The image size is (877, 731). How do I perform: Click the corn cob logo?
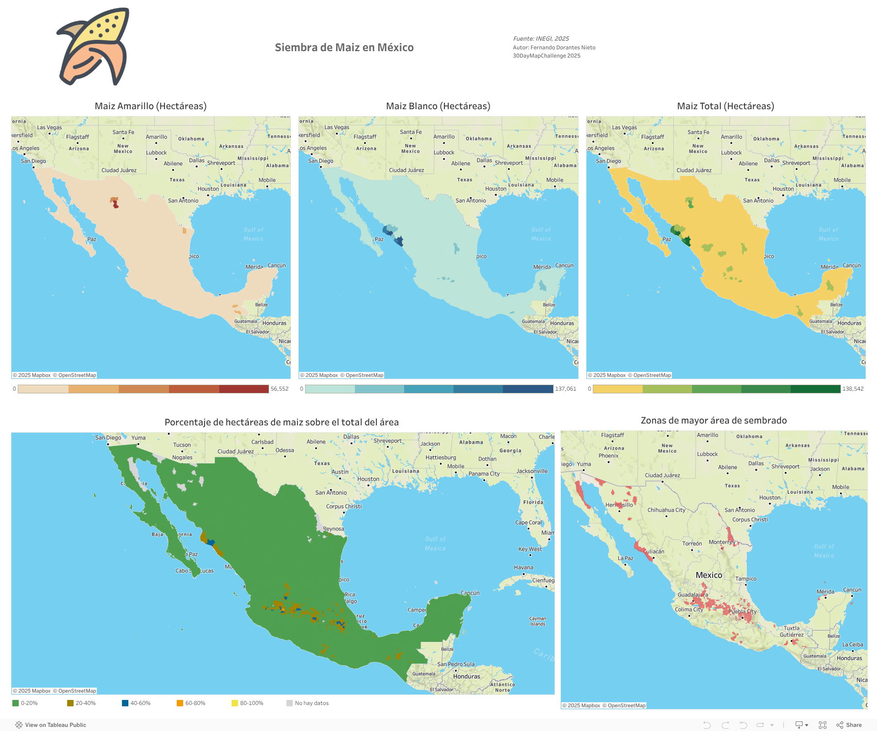[93, 47]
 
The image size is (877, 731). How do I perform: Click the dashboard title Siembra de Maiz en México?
[344, 48]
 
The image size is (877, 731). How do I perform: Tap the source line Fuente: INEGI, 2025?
[541, 39]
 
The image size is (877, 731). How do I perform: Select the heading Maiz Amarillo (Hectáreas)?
[150, 106]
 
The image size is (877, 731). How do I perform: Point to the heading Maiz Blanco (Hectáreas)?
[438, 106]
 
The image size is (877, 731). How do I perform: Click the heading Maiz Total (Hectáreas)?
[725, 106]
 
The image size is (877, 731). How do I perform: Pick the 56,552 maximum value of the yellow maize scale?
[280, 389]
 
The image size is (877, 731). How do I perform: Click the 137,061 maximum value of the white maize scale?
[565, 389]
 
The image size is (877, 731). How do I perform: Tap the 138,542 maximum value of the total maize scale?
[853, 389]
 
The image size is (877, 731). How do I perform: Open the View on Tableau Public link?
[51, 725]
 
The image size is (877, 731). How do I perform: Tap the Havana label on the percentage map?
[523, 567]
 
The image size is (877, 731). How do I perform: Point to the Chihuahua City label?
[666, 510]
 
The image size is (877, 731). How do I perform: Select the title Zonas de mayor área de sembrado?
[713, 420]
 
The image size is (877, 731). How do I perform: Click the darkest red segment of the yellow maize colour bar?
[244, 389]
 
